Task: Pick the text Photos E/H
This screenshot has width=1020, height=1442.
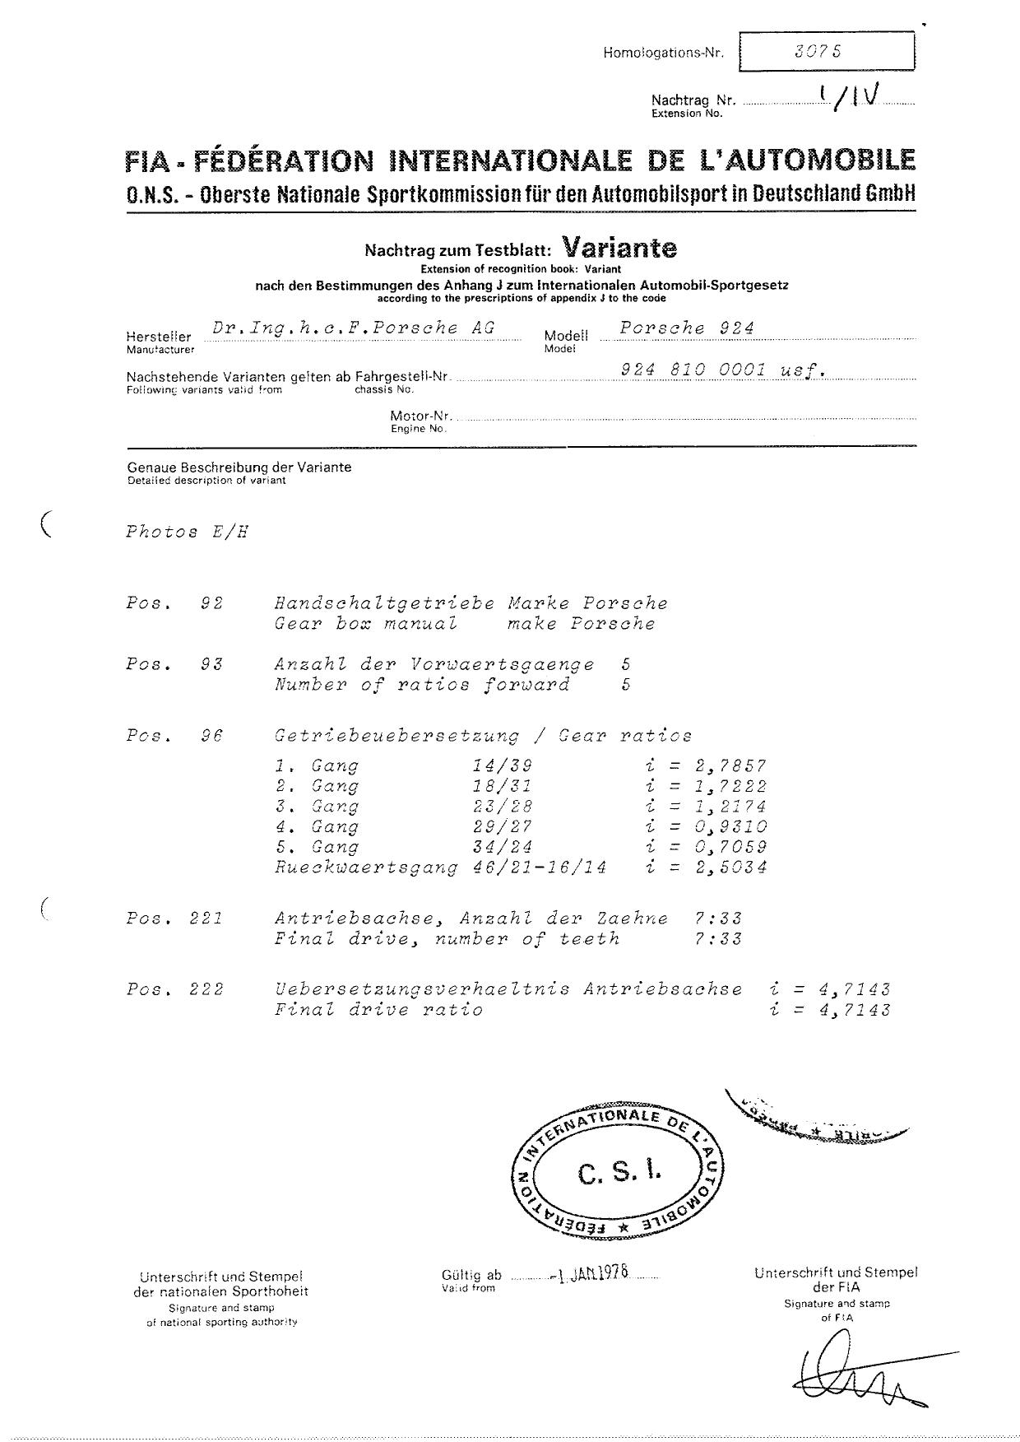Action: pyautogui.click(x=187, y=532)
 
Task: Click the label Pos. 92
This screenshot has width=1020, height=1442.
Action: pyautogui.click(x=174, y=603)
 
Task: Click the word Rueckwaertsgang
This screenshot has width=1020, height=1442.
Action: pyautogui.click(x=366, y=867)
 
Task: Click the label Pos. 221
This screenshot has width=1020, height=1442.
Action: pyautogui.click(x=174, y=919)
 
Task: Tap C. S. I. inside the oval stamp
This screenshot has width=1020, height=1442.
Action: pyautogui.click(x=619, y=1172)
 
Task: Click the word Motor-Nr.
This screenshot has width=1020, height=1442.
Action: pyautogui.click(x=420, y=416)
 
